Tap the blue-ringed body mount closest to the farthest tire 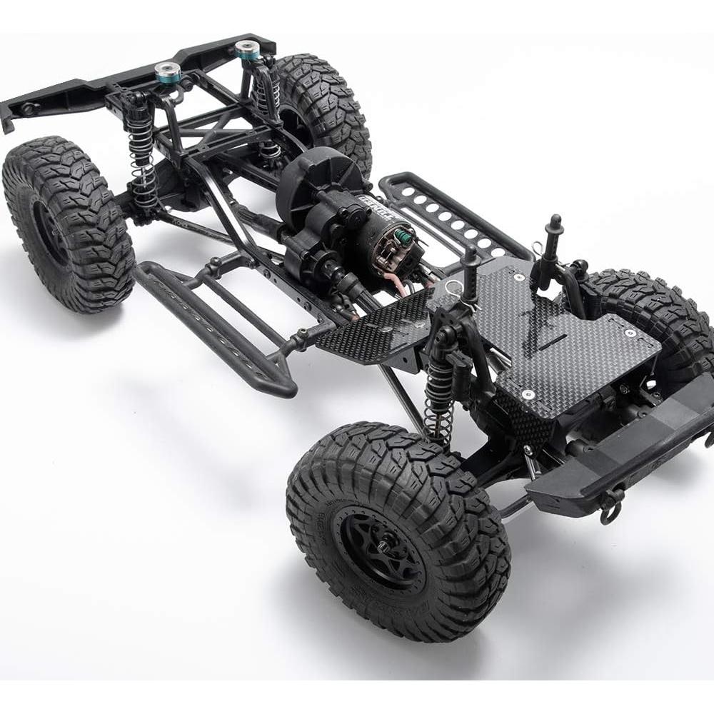tap(246, 50)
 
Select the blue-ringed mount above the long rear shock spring tap(166, 70)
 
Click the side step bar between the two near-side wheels tap(214, 325)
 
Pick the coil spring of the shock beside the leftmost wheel tap(143, 164)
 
